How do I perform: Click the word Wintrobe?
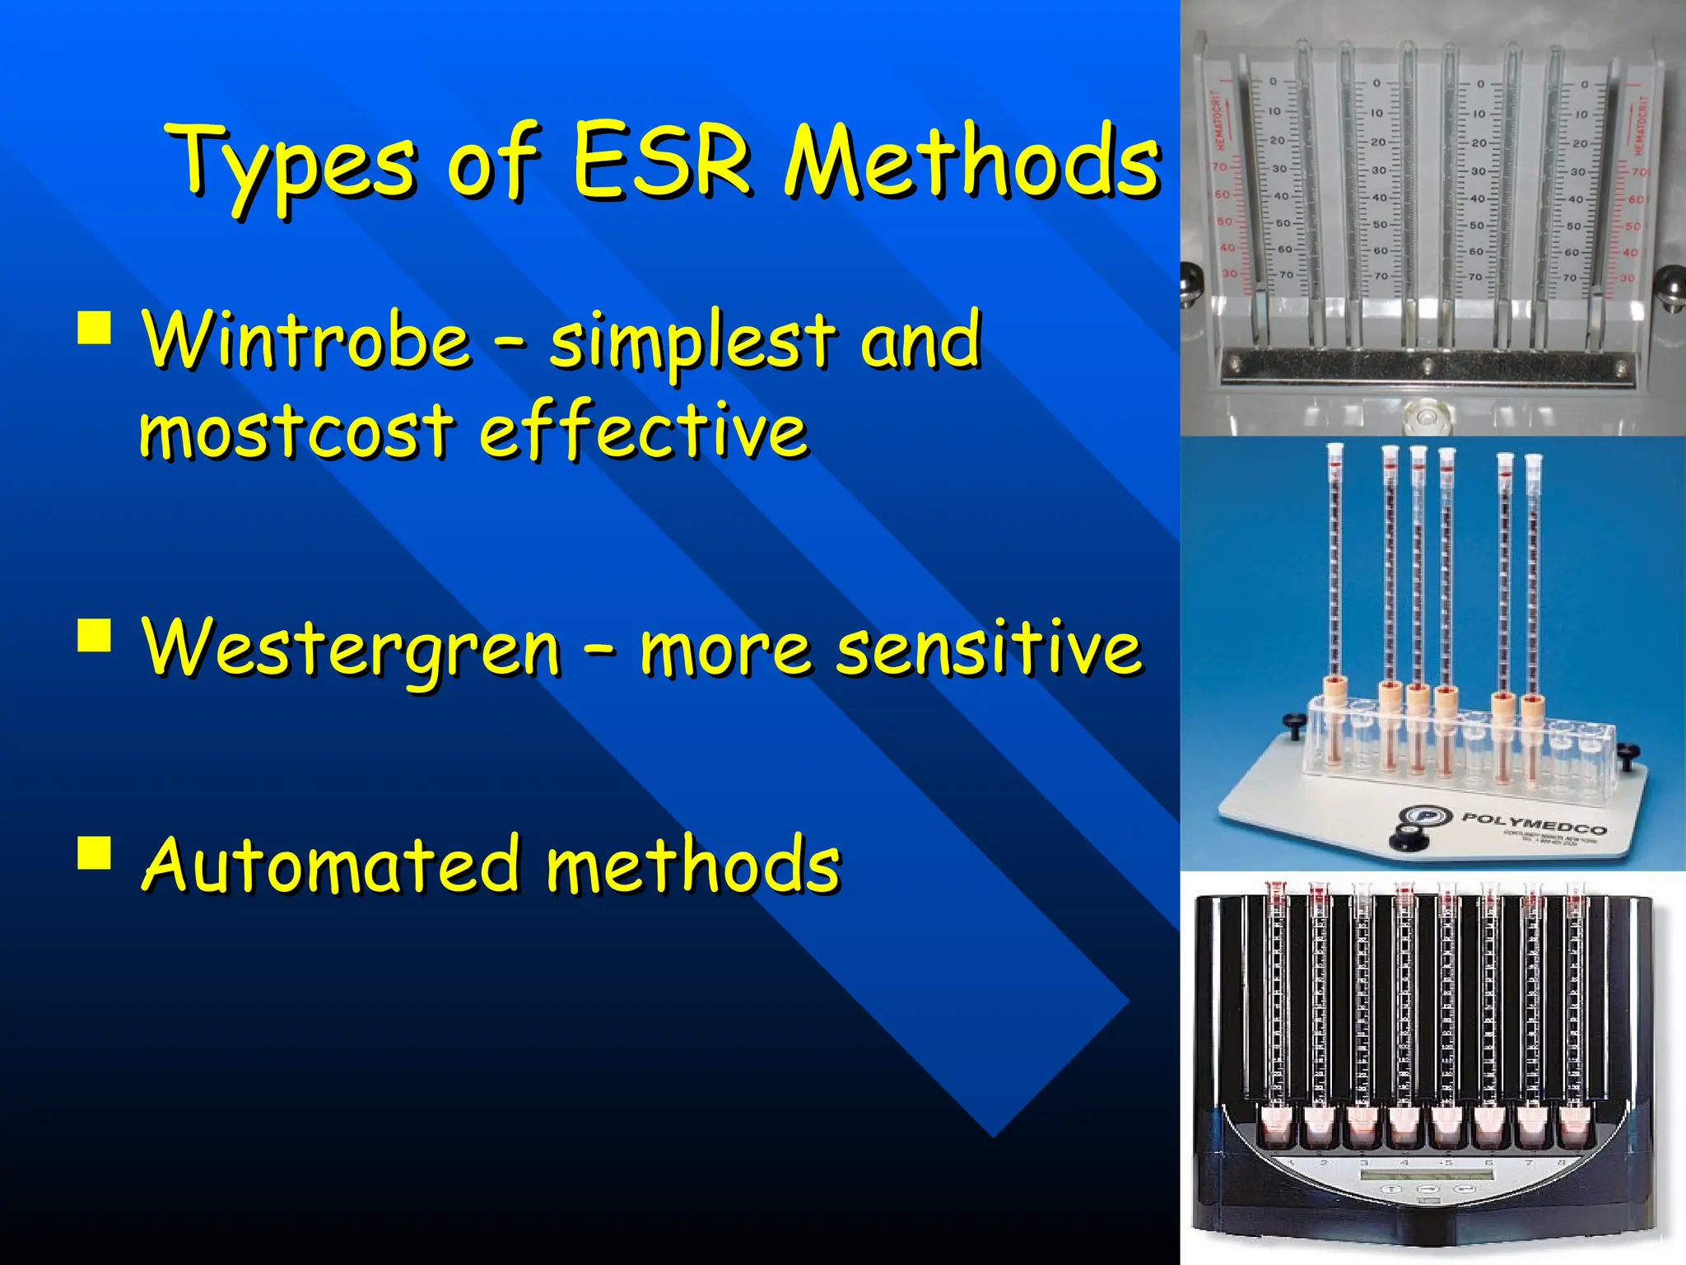click(306, 339)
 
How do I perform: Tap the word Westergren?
click(352, 648)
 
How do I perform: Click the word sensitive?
click(989, 648)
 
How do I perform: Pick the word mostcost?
click(296, 432)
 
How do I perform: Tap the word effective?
click(643, 432)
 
